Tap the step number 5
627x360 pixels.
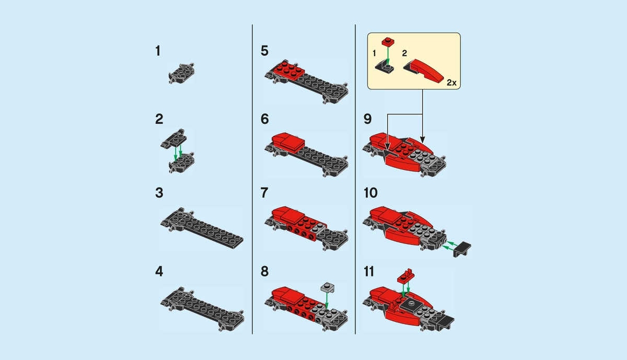(264, 51)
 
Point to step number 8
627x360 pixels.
(264, 272)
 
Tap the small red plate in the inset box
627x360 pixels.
(387, 41)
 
